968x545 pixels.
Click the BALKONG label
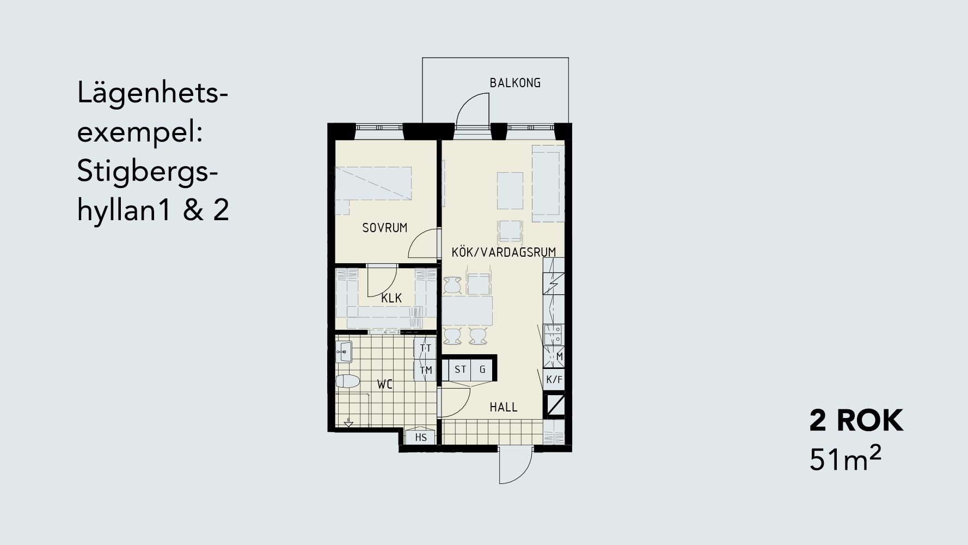[515, 83]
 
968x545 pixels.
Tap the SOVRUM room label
[385, 228]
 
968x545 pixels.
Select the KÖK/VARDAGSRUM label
[504, 252]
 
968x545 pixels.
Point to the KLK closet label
[391, 298]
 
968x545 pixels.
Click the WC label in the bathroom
[385, 385]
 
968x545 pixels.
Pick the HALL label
[504, 407]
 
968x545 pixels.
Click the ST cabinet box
[460, 370]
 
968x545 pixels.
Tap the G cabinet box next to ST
[482, 370]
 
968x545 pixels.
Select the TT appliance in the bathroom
[425, 348]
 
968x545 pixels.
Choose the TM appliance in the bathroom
[425, 371]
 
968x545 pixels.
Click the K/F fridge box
[554, 379]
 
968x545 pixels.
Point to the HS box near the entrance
[421, 437]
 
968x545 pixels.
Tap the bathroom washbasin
[344, 352]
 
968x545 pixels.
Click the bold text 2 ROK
[856, 421]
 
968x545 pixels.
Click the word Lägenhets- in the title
[152, 94]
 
